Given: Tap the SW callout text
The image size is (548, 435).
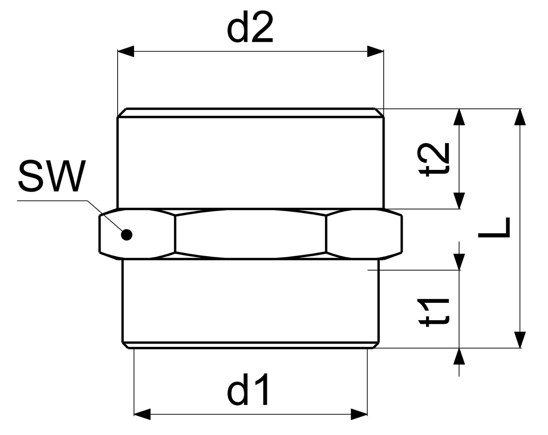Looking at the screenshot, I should pyautogui.click(x=52, y=176).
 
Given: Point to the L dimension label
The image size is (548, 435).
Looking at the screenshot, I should pyautogui.click(x=494, y=228).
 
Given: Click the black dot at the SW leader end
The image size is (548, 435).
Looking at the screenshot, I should pyautogui.click(x=127, y=234).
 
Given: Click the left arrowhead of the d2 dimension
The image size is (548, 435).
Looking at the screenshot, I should pyautogui.click(x=125, y=52).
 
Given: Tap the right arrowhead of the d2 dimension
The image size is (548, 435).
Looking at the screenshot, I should pyautogui.click(x=375, y=52).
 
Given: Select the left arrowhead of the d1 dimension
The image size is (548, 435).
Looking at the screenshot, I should pyautogui.click(x=142, y=414).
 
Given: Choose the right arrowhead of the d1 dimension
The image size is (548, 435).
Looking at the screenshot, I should pyautogui.click(x=359, y=414).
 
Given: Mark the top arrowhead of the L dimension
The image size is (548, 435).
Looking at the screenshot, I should pyautogui.click(x=520, y=117).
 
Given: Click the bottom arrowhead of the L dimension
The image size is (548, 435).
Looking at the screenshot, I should pyautogui.click(x=520, y=340).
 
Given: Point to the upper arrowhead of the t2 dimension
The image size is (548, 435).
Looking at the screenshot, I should pyautogui.click(x=459, y=117).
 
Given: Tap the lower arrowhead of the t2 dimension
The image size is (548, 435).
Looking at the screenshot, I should pyautogui.click(x=459, y=201).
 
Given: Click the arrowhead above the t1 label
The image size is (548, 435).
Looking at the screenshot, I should pyautogui.click(x=459, y=262).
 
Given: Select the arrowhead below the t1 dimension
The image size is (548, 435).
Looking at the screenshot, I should pyautogui.click(x=459, y=356).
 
